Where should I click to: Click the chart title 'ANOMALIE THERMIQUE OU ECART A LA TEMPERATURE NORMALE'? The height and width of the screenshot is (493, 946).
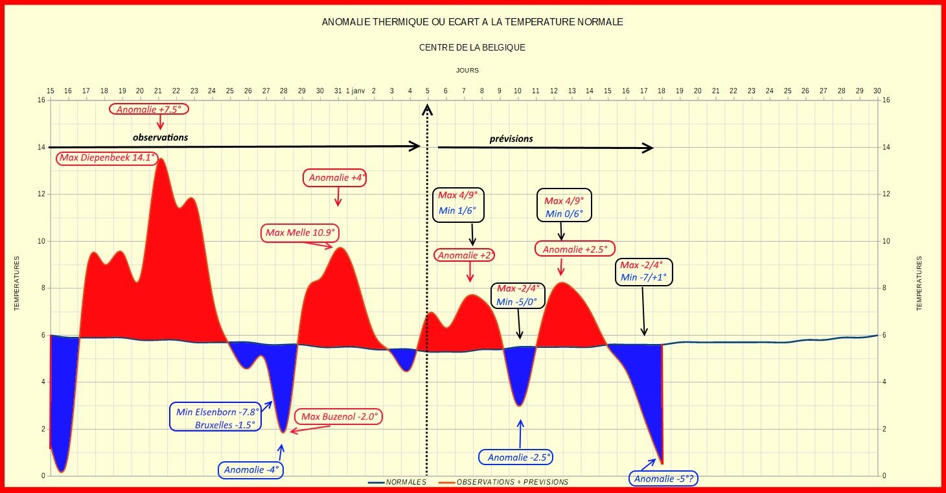pyautogui.click(x=472, y=22)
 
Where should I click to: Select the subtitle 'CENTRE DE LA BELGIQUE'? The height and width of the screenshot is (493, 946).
pyautogui.click(x=472, y=47)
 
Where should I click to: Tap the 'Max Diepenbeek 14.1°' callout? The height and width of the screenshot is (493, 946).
pyautogui.click(x=107, y=158)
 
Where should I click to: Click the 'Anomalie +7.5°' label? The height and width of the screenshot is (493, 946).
pyautogui.click(x=148, y=109)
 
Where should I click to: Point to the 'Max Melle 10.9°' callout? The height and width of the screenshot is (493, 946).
pyautogui.click(x=300, y=233)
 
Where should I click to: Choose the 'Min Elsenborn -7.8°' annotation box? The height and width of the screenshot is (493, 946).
pyautogui.click(x=215, y=417)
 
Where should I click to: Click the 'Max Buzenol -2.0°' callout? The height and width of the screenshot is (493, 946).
pyautogui.click(x=338, y=417)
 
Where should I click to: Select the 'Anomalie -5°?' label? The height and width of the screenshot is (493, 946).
pyautogui.click(x=663, y=479)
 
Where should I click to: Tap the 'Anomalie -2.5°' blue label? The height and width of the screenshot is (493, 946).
pyautogui.click(x=516, y=457)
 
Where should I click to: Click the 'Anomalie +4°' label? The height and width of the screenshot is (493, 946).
pyautogui.click(x=334, y=178)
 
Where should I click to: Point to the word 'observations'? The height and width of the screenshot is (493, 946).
pyautogui.click(x=161, y=137)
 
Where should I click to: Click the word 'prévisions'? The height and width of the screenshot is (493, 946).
pyautogui.click(x=511, y=139)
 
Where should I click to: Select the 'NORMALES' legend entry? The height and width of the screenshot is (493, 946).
pyautogui.click(x=397, y=482)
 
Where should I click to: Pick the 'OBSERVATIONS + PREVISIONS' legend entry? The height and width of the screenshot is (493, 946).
pyautogui.click(x=504, y=482)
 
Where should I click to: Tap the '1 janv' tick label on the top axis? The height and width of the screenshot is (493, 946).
pyautogui.click(x=355, y=91)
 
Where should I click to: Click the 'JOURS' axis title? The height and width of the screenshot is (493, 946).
pyautogui.click(x=467, y=70)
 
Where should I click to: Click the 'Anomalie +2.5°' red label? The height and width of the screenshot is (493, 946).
pyautogui.click(x=575, y=249)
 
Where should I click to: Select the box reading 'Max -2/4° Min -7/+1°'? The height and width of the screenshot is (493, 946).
pyautogui.click(x=643, y=272)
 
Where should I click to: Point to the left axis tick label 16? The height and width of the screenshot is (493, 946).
pyautogui.click(x=41, y=100)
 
